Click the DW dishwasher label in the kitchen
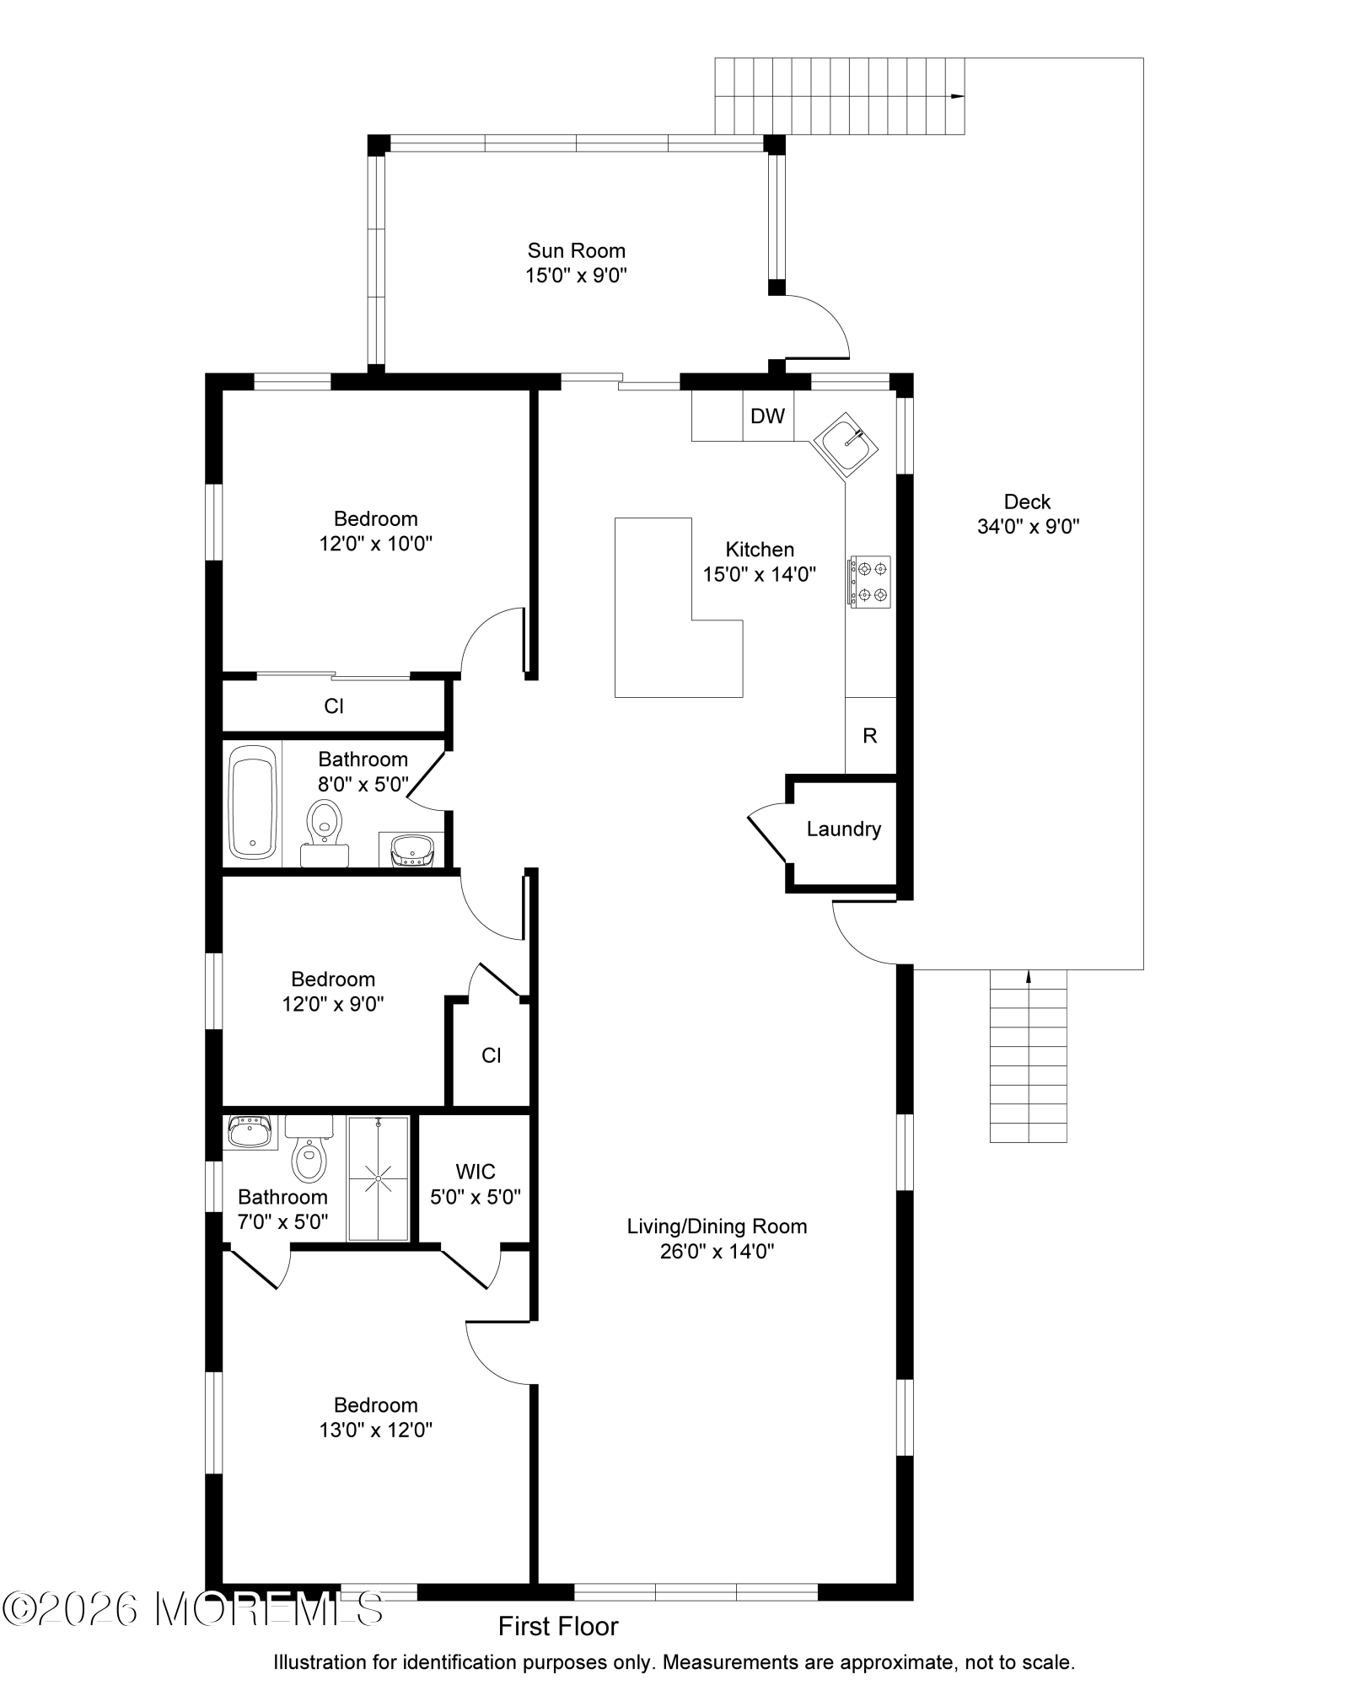[x=767, y=416]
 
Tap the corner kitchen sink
[x=846, y=444]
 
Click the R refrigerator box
[x=870, y=735]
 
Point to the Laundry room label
[x=843, y=829]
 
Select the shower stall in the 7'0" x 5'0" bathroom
[x=379, y=1178]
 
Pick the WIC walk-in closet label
[x=475, y=1172]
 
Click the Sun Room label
[x=576, y=250]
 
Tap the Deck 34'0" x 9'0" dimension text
[x=1028, y=527]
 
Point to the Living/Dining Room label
[x=717, y=1226]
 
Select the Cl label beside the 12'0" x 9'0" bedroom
[x=492, y=1055]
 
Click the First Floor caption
[x=558, y=1627]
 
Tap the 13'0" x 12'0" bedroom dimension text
[x=375, y=1430]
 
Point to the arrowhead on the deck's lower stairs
[x=1028, y=978]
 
